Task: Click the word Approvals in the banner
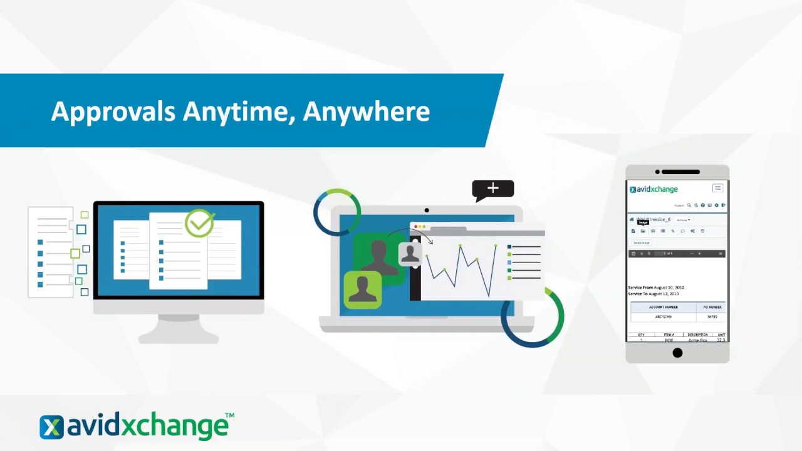(x=113, y=111)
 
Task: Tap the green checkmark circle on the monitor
(x=199, y=223)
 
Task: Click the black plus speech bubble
(x=493, y=189)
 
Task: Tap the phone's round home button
(x=677, y=353)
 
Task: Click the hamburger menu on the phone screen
(x=717, y=189)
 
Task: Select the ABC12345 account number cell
(x=663, y=317)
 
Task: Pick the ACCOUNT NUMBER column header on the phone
(x=663, y=307)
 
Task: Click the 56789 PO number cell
(x=712, y=317)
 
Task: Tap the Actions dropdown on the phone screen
(x=683, y=220)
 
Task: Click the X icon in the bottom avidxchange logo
(x=51, y=427)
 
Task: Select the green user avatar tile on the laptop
(x=362, y=289)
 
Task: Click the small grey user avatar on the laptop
(x=410, y=254)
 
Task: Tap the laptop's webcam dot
(x=427, y=210)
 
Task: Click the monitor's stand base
(x=179, y=338)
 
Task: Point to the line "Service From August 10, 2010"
(x=656, y=288)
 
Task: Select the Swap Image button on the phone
(x=641, y=242)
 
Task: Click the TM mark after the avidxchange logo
(x=229, y=415)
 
